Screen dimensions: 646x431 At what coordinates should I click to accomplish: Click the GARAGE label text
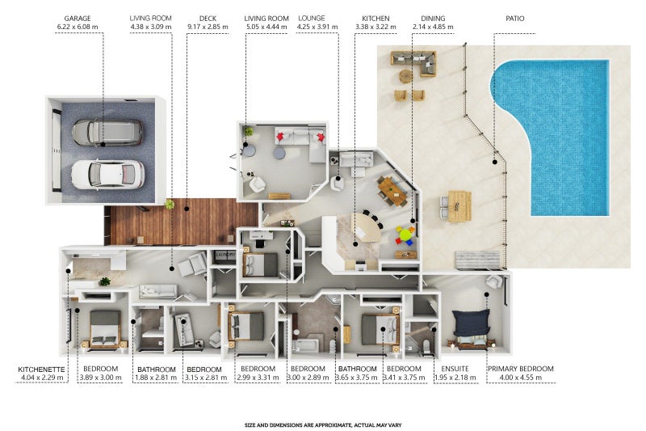78,18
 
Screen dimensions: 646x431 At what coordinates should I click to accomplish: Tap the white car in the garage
108,175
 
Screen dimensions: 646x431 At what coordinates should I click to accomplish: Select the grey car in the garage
107,133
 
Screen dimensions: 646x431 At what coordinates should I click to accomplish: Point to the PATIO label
515,18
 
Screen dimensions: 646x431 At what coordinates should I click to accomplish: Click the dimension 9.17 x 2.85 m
208,27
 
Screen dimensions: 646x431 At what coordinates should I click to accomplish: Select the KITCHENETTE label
42,370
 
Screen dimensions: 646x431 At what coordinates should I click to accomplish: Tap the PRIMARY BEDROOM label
521,369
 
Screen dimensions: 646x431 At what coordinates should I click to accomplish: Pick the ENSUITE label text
455,369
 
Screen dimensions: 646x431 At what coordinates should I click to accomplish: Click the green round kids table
405,235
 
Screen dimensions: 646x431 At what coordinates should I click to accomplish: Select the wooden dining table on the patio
459,206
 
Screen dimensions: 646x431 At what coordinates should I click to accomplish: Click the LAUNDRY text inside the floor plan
225,255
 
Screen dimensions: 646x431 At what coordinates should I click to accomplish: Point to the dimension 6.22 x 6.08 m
78,27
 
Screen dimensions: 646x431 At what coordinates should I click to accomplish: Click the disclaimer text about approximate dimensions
323,425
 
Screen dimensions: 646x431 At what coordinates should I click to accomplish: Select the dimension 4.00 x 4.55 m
521,378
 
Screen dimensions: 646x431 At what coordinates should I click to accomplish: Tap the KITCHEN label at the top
375,18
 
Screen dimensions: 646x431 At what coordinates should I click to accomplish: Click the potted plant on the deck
170,204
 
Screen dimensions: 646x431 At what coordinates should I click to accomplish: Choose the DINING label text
433,18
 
